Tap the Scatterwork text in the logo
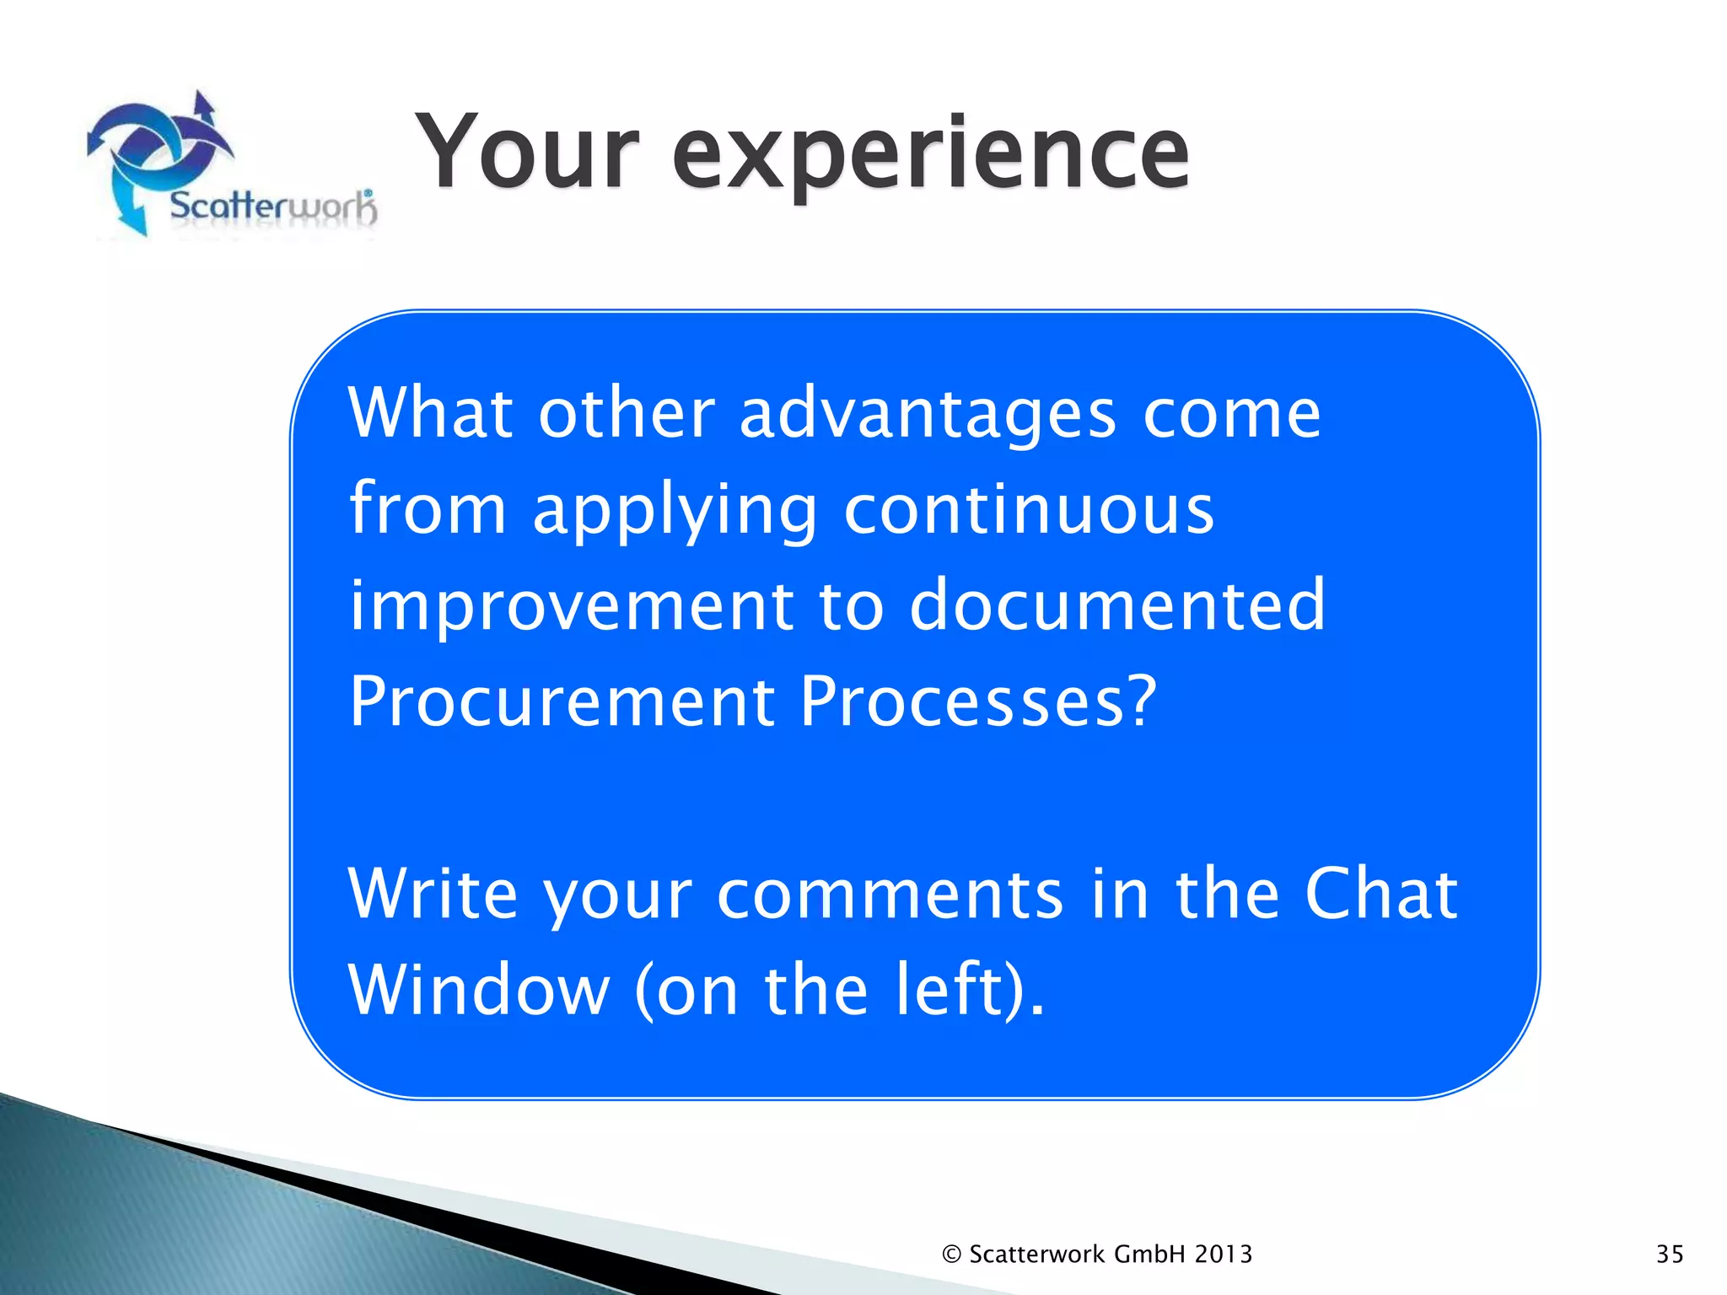coord(272,206)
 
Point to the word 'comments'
coord(890,895)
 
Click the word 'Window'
coord(478,990)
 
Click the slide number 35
coord(1670,1255)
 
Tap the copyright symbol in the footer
coord(951,1255)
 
